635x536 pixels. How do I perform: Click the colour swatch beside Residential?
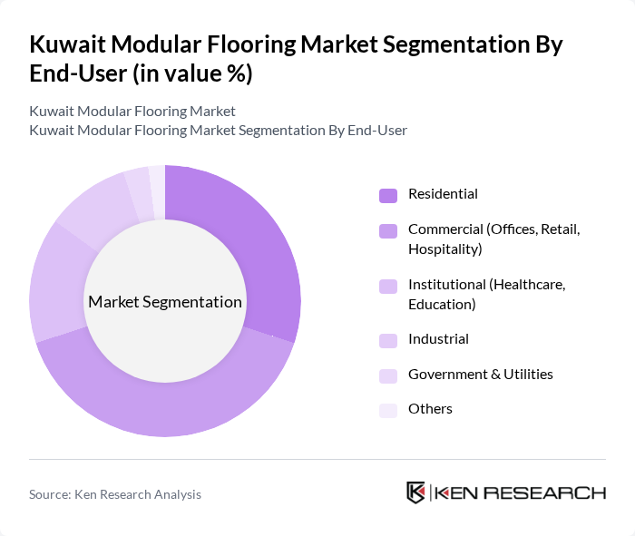388,195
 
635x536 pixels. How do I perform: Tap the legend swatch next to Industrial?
388,340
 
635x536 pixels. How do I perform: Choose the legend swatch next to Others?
388,410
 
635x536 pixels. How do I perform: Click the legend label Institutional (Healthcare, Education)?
486,295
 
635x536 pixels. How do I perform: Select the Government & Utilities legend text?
480,375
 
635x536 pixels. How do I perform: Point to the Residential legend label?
443,194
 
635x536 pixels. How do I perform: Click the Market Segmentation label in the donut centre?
164,302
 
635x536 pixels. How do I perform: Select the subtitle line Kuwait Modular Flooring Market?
132,112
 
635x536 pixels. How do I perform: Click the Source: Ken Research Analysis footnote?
115,494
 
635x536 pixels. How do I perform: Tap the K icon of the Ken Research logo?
415,492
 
